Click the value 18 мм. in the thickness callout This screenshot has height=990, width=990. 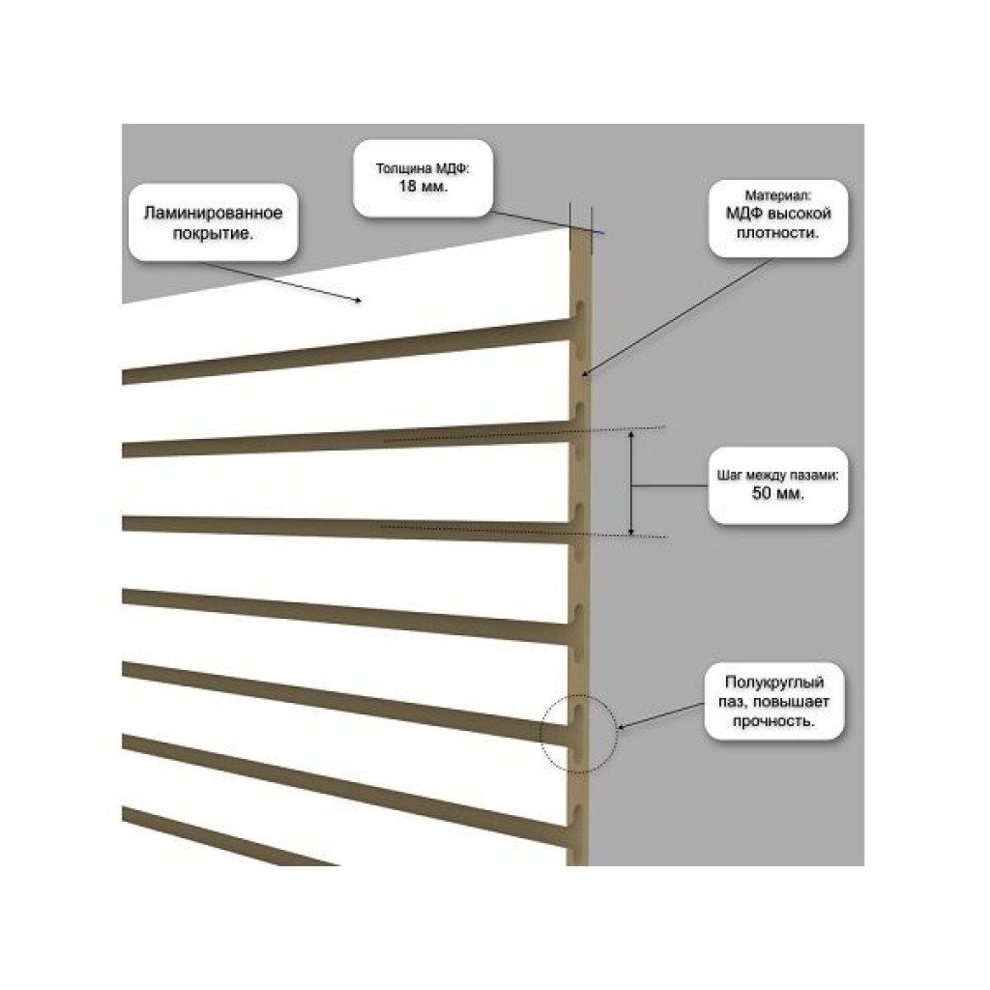point(423,187)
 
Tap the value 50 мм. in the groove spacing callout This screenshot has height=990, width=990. point(778,493)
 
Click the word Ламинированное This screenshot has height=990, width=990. point(214,213)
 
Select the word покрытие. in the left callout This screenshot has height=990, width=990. point(214,234)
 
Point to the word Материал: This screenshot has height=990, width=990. point(778,195)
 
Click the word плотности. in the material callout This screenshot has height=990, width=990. point(778,233)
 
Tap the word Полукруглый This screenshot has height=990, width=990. point(774,682)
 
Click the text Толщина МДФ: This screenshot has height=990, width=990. point(423,168)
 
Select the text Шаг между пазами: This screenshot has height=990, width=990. point(778,476)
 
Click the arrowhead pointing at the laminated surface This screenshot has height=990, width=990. point(358,301)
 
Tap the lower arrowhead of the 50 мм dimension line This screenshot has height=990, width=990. point(630,531)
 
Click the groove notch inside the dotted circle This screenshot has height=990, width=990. point(577,713)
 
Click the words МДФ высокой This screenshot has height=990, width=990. point(778,214)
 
